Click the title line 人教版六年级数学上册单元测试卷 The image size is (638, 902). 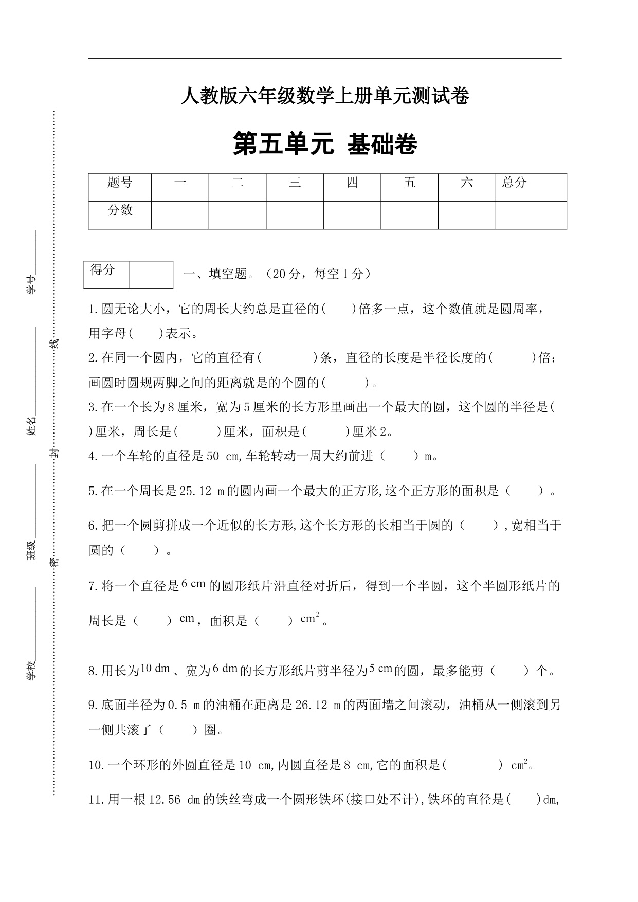pyautogui.click(x=324, y=96)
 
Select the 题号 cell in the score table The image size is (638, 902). pyautogui.click(x=120, y=183)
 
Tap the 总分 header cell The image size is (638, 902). pyautogui.click(x=515, y=183)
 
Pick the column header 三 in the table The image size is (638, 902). pyautogui.click(x=295, y=183)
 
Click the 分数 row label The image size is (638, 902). pyautogui.click(x=120, y=210)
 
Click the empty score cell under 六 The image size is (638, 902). pyautogui.click(x=466, y=215)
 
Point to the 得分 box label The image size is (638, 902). pyautogui.click(x=103, y=270)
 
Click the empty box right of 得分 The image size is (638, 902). pyautogui.click(x=151, y=275)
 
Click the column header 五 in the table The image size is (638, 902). pyautogui.click(x=410, y=183)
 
